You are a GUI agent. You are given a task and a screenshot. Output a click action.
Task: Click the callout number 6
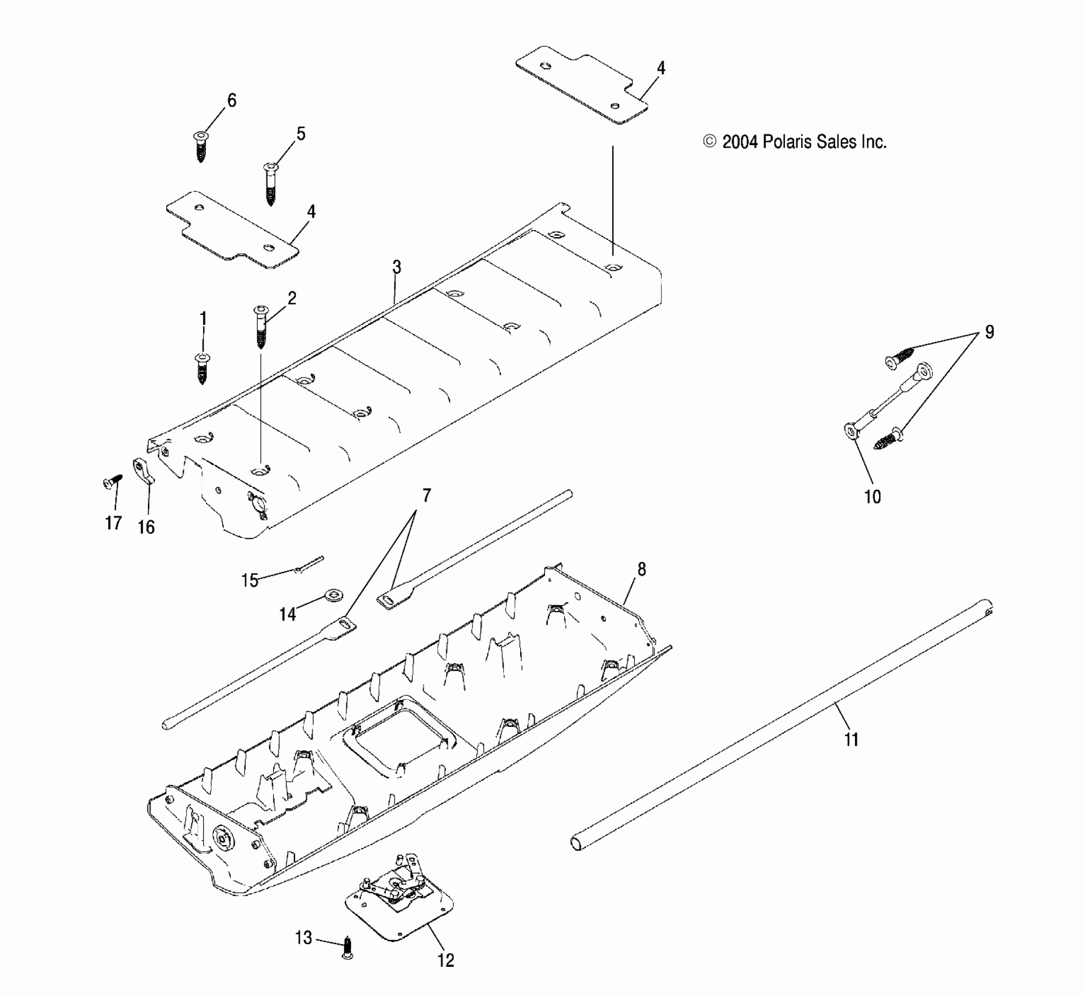tap(232, 101)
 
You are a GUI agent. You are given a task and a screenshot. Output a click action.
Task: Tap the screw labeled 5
tap(270, 183)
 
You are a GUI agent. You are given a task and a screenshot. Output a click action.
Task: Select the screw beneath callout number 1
tap(202, 369)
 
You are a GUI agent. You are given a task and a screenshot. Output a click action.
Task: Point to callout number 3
tap(397, 267)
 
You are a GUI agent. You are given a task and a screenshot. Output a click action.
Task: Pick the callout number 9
tap(989, 332)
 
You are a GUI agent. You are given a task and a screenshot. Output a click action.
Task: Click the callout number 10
tap(872, 497)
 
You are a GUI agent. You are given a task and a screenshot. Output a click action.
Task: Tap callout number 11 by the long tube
tap(851, 740)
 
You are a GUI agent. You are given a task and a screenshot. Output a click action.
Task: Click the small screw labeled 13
tap(347, 946)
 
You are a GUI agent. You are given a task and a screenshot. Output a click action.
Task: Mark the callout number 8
tap(641, 569)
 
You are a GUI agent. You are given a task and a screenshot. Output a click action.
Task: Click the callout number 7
tap(426, 496)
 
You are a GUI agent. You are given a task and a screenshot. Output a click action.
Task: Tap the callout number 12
tap(446, 960)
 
